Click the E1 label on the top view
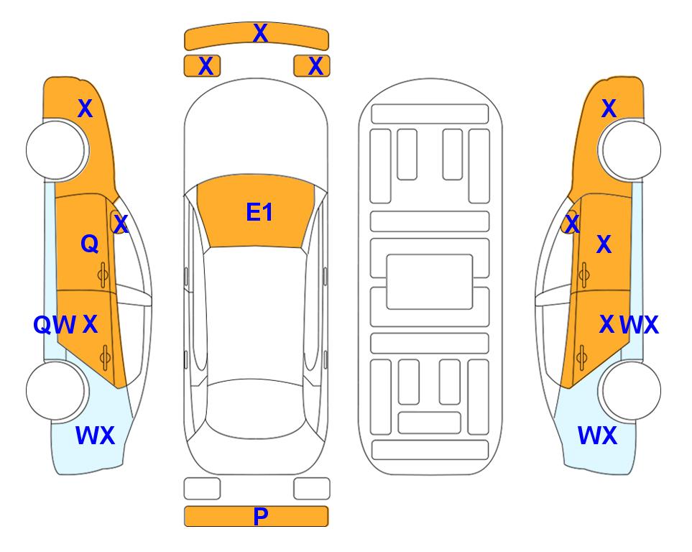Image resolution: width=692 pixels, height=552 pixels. (259, 212)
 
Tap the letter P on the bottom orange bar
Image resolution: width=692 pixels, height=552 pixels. (261, 516)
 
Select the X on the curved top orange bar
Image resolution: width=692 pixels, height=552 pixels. (260, 33)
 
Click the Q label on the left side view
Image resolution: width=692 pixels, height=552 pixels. (90, 244)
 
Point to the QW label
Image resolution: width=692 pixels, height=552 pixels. (55, 325)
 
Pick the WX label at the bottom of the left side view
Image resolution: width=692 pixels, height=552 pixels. (96, 436)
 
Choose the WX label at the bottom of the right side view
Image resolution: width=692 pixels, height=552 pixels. (597, 436)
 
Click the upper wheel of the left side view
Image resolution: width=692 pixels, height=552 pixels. (56, 149)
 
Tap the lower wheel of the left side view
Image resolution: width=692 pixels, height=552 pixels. (56, 390)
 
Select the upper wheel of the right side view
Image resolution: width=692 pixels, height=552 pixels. (630, 149)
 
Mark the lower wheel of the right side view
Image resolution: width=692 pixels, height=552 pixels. (630, 390)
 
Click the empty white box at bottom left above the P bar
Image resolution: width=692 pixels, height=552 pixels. (202, 489)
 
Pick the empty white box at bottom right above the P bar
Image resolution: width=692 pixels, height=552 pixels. (312, 489)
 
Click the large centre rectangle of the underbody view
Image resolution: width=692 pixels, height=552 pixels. (430, 282)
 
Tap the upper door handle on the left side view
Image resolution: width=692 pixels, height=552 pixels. (103, 275)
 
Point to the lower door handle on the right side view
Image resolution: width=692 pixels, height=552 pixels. (581, 357)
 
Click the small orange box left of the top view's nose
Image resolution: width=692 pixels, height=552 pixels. (202, 66)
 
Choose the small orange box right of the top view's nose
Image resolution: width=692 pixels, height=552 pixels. (312, 66)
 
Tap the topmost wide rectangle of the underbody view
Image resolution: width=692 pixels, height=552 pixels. (430, 114)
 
